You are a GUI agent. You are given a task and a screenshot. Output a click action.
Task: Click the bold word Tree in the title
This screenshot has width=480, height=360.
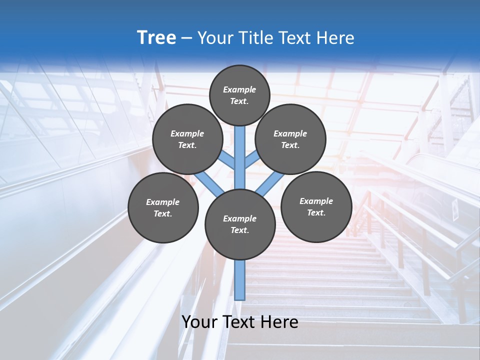click(156, 37)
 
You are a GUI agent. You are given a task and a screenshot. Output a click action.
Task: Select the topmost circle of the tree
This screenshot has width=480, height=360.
click(239, 95)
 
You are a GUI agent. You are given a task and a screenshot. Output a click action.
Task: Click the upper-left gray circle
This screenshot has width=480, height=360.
click(187, 139)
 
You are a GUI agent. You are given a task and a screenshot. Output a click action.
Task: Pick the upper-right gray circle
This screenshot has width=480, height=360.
click(290, 139)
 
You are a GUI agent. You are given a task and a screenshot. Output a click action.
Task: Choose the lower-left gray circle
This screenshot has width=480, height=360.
click(162, 207)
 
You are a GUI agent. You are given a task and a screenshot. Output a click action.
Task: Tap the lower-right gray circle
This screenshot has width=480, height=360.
click(316, 206)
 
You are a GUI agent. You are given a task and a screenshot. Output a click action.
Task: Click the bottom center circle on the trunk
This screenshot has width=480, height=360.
click(240, 224)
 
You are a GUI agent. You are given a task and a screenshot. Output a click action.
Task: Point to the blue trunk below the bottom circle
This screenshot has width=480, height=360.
click(240, 280)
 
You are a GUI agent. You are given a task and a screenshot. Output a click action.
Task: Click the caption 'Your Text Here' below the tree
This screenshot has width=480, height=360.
click(240, 322)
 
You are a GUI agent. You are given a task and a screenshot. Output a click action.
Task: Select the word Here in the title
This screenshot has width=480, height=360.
click(337, 38)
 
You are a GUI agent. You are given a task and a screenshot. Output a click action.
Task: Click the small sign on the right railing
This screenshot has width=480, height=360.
click(455, 210)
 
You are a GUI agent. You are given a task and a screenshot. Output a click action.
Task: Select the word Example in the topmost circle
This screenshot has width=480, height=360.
click(239, 89)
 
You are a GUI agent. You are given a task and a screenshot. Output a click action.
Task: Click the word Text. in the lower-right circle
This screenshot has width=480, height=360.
click(316, 212)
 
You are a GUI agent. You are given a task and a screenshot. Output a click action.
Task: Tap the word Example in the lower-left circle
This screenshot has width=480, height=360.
click(162, 202)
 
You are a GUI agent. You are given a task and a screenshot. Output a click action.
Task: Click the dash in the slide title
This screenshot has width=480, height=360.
click(186, 38)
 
